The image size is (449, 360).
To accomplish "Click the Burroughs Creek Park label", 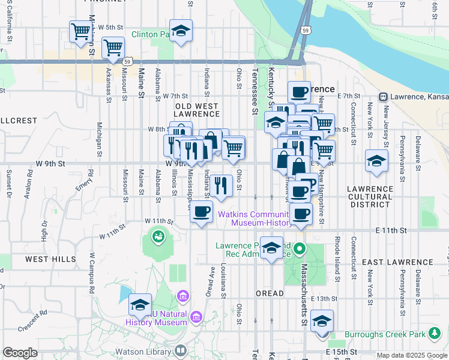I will pyautogui.click(x=393, y=334).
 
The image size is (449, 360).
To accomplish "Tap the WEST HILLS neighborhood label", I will pyautogui.click(x=50, y=259).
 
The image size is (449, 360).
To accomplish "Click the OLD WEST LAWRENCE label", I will pyautogui.click(x=197, y=110).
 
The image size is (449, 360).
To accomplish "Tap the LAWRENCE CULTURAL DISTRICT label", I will pyautogui.click(x=370, y=196).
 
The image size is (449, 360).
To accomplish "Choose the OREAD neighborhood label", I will pyautogui.click(x=270, y=293).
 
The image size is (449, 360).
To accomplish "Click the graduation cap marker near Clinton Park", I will pyautogui.click(x=181, y=31).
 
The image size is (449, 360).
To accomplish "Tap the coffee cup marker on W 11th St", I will pyautogui.click(x=202, y=211).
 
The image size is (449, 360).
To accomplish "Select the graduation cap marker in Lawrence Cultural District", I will pyautogui.click(x=376, y=161).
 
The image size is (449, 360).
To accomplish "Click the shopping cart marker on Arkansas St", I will pyautogui.click(x=113, y=48).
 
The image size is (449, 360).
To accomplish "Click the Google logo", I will pyautogui.click(x=20, y=353).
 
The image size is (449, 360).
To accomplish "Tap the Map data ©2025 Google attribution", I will pyautogui.click(x=412, y=355).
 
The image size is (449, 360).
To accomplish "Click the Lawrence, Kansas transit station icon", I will pyautogui.click(x=382, y=97).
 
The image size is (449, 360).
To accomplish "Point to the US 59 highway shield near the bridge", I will pyautogui.click(x=306, y=30).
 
